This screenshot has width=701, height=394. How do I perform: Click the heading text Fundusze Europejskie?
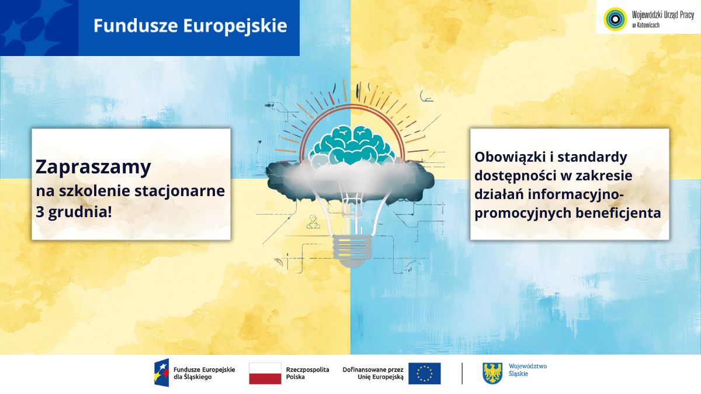[x=190, y=26]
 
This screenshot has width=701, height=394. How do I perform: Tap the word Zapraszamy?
[x=93, y=167]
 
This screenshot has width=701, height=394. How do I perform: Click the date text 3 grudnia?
[x=74, y=212]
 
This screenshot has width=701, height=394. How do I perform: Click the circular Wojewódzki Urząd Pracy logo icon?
[x=614, y=18]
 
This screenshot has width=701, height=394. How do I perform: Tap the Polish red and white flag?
[x=265, y=373]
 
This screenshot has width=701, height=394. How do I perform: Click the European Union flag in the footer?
[x=424, y=373]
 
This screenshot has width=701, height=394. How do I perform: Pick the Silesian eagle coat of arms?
[x=492, y=373]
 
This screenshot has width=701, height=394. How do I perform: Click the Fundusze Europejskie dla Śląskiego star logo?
[x=161, y=373]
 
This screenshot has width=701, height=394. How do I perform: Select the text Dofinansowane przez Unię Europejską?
[x=373, y=373]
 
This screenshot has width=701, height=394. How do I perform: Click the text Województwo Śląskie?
[x=528, y=369]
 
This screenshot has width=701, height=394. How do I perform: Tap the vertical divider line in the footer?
[x=462, y=373]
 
